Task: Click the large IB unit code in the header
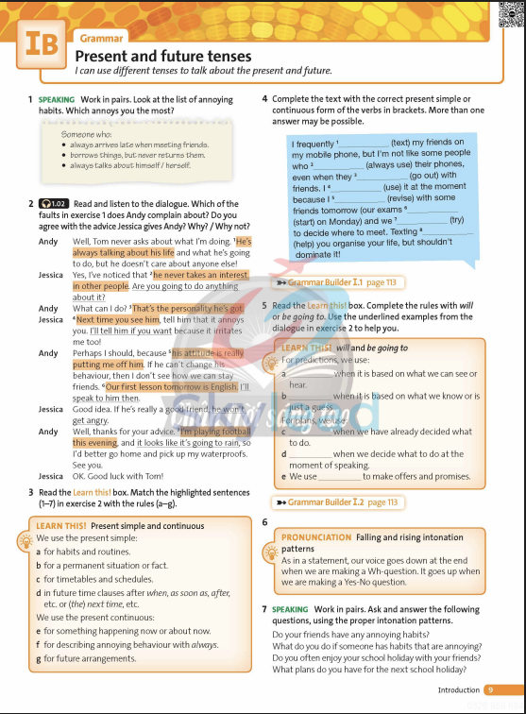[41, 44]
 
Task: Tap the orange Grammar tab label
[102, 38]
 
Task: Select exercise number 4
[264, 98]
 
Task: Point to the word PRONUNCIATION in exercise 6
[316, 537]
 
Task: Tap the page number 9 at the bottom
[489, 690]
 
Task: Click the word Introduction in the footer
[458, 690]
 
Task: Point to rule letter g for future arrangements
[38, 658]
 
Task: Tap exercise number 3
[31, 493]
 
